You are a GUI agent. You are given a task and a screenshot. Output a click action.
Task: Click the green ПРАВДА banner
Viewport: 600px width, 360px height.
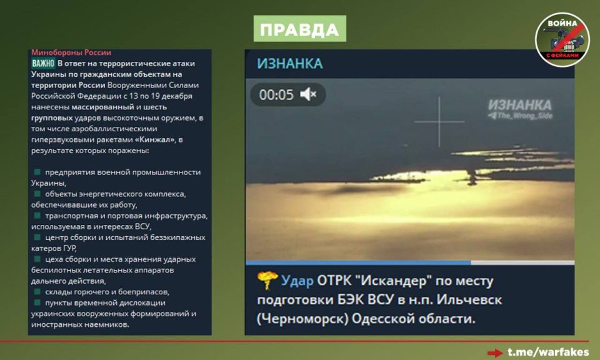click(299, 29)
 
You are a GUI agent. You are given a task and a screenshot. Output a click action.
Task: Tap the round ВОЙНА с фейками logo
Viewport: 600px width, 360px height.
click(562, 39)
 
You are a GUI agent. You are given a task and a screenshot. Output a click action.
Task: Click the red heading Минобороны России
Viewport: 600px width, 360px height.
click(71, 52)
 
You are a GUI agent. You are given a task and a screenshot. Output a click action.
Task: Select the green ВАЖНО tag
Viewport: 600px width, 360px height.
click(43, 63)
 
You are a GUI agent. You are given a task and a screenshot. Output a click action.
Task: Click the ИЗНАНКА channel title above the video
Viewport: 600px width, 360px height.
click(290, 64)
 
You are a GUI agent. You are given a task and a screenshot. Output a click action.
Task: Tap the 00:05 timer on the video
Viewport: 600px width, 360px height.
click(276, 95)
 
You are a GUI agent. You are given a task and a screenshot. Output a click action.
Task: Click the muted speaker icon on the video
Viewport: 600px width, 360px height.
click(308, 95)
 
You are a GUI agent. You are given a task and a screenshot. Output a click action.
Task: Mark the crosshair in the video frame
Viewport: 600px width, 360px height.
click(439, 122)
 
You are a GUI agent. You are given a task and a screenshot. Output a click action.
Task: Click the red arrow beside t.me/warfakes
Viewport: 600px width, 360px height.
click(495, 352)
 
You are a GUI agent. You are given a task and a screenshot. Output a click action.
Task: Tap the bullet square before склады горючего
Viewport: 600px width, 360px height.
click(37, 291)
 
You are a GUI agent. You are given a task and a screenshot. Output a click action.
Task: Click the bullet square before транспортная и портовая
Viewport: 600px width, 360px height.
click(37, 216)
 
